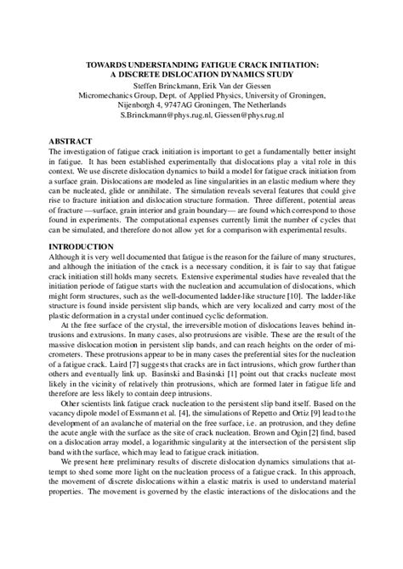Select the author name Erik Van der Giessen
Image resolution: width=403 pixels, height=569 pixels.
(236, 87)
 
